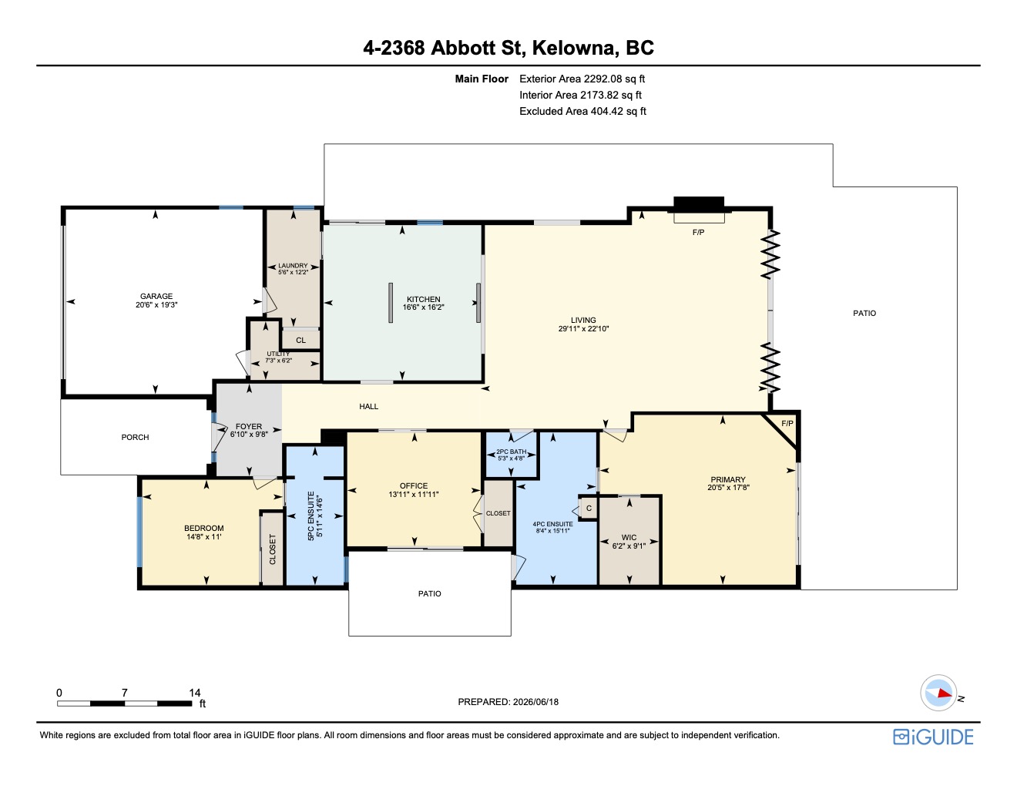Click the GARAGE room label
156,297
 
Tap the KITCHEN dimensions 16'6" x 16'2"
423,307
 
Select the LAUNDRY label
293,265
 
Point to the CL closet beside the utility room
301,341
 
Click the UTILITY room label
278,354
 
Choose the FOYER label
249,426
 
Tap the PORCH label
136,437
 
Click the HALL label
369,406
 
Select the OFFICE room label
414,486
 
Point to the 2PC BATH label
512,452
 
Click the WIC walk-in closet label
629,537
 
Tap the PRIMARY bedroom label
728,479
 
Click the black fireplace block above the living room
699,204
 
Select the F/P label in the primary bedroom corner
787,423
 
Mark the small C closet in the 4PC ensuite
589,509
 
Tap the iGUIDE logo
933,737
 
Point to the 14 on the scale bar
195,693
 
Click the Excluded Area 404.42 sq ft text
582,112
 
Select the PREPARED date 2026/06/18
536,702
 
